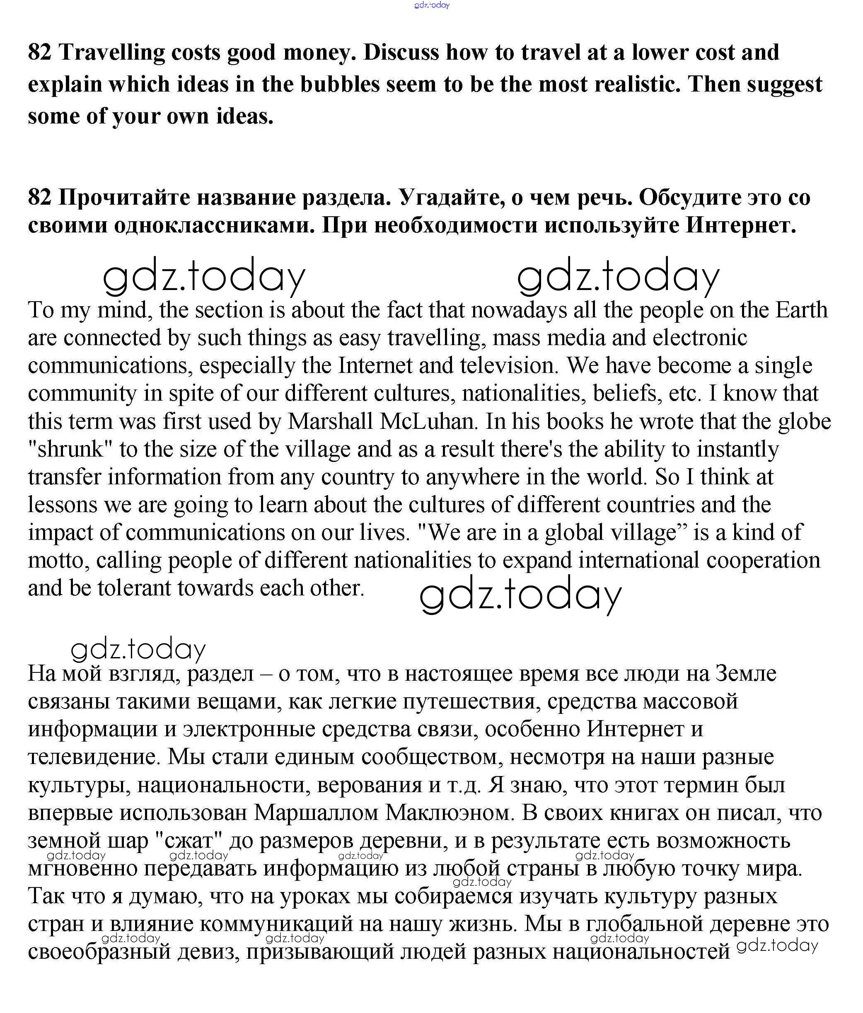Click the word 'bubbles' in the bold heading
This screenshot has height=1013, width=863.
click(339, 84)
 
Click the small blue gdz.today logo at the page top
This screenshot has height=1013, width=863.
click(431, 5)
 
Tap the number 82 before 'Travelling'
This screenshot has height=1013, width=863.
click(40, 52)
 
